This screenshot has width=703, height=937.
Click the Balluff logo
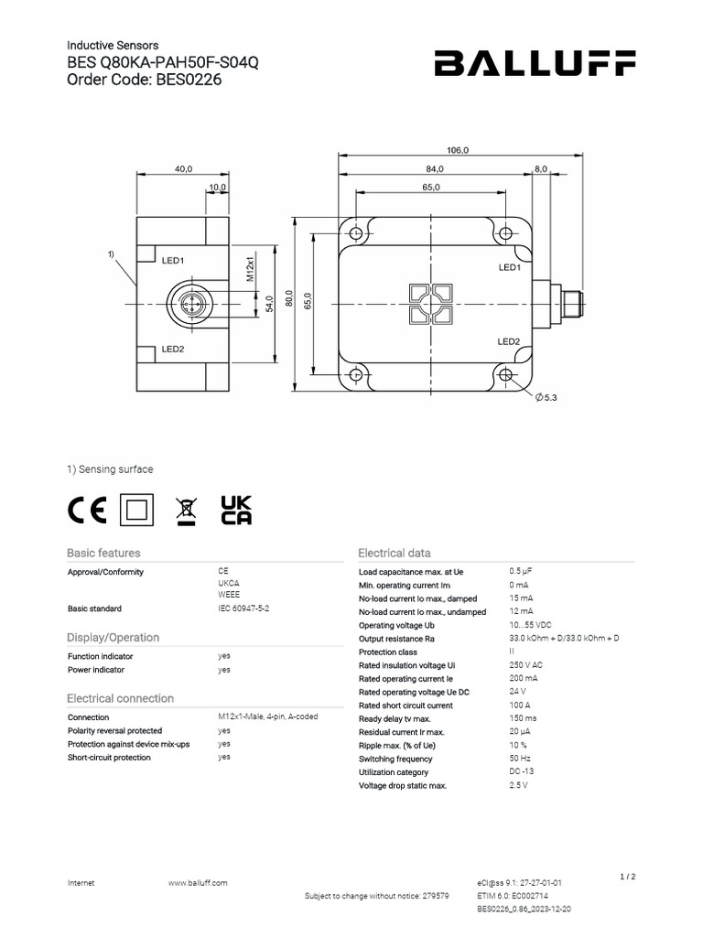pos(535,63)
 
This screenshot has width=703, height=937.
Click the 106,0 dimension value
pos(458,150)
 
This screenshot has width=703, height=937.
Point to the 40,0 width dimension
pos(183,168)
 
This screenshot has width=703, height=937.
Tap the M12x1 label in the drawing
pos(249,269)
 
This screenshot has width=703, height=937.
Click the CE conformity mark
pos(87,509)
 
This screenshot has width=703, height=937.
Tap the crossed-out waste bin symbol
pos(186,511)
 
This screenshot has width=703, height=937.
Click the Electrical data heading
pos(394,553)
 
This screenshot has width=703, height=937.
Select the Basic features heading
pos(103,553)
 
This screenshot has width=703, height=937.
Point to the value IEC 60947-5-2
pos(243,608)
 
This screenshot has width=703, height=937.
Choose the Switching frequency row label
pos(395,759)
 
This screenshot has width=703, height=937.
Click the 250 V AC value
pos(525,665)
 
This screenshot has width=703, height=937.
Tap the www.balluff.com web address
pos(198,882)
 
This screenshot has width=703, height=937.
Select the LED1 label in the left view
pos(173,261)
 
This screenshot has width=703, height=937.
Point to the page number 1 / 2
pos(628,877)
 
